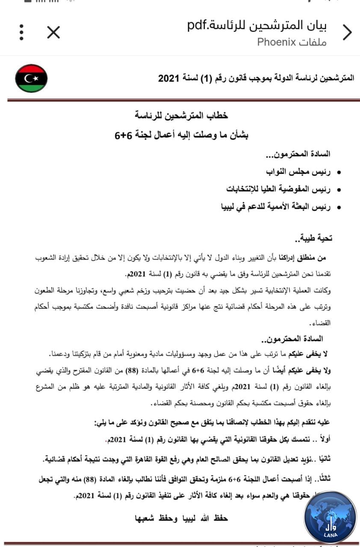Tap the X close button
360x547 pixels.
point(53,32)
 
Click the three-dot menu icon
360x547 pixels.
point(21,32)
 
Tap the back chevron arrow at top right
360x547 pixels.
point(347,32)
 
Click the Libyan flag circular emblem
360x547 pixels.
point(31,79)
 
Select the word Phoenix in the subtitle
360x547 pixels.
point(277,42)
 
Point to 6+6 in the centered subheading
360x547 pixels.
point(123,135)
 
